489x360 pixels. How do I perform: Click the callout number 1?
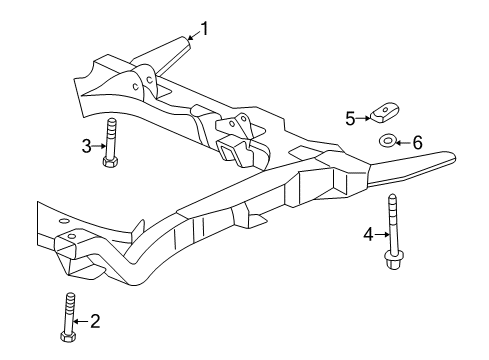point(205,28)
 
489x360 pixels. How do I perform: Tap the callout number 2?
point(95,321)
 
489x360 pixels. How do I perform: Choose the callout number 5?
point(351,119)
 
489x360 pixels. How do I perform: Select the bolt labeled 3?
point(111,146)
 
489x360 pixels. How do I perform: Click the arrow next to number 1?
point(193,34)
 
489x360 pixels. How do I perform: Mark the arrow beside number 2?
point(82,321)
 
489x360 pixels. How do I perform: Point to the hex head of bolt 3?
point(111,163)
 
